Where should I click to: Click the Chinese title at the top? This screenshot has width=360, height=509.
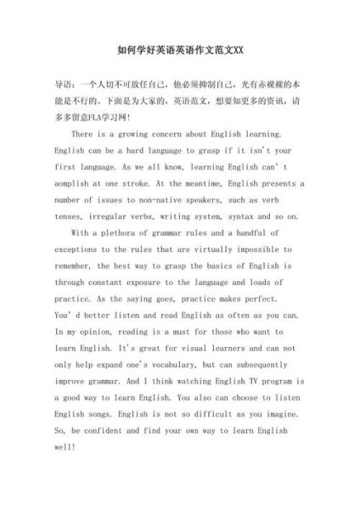(179, 49)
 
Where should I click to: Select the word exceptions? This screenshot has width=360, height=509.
(82, 249)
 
